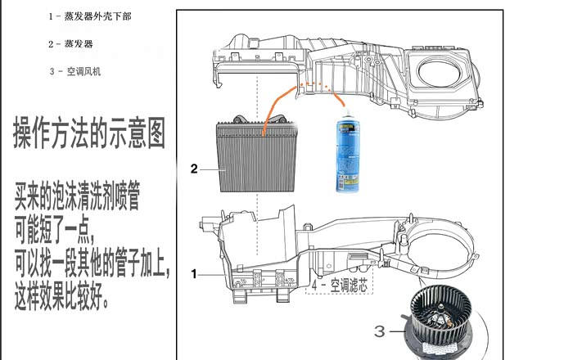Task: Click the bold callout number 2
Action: tap(194, 169)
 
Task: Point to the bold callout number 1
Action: tap(194, 274)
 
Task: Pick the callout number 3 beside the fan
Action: tap(379, 331)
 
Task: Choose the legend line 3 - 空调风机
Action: tap(79, 71)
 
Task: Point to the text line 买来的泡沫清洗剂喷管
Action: tap(77, 197)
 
